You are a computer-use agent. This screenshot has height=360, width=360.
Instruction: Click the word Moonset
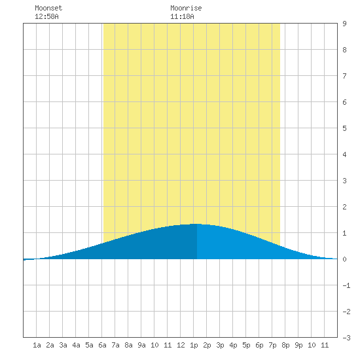(x=48, y=8)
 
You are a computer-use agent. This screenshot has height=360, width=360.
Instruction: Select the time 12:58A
(x=46, y=16)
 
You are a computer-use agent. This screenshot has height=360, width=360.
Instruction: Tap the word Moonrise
(x=186, y=8)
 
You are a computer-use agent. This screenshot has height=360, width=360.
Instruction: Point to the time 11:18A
(x=182, y=16)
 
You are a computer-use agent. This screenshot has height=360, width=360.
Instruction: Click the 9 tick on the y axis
(x=344, y=24)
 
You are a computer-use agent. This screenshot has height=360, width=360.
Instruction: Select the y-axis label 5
(x=344, y=128)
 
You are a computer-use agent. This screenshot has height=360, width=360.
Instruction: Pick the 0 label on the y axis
(x=344, y=259)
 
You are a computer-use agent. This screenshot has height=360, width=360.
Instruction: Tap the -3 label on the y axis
(x=346, y=338)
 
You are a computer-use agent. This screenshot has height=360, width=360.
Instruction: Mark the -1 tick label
(x=346, y=285)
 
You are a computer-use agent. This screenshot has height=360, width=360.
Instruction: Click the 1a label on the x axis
(x=37, y=345)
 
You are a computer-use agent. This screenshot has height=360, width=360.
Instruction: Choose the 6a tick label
(x=102, y=345)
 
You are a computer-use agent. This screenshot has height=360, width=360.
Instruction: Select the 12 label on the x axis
(x=181, y=345)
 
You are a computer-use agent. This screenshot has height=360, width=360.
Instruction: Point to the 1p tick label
(x=194, y=345)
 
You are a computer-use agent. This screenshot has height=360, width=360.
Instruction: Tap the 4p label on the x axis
(x=233, y=345)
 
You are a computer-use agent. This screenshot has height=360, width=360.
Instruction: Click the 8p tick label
(x=285, y=345)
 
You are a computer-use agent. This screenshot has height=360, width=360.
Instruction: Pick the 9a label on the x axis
(x=141, y=345)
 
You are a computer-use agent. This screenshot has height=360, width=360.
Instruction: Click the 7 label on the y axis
(x=344, y=76)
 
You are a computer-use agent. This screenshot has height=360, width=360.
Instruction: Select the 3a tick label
(x=63, y=345)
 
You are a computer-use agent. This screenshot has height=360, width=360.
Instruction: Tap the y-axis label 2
(x=344, y=207)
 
